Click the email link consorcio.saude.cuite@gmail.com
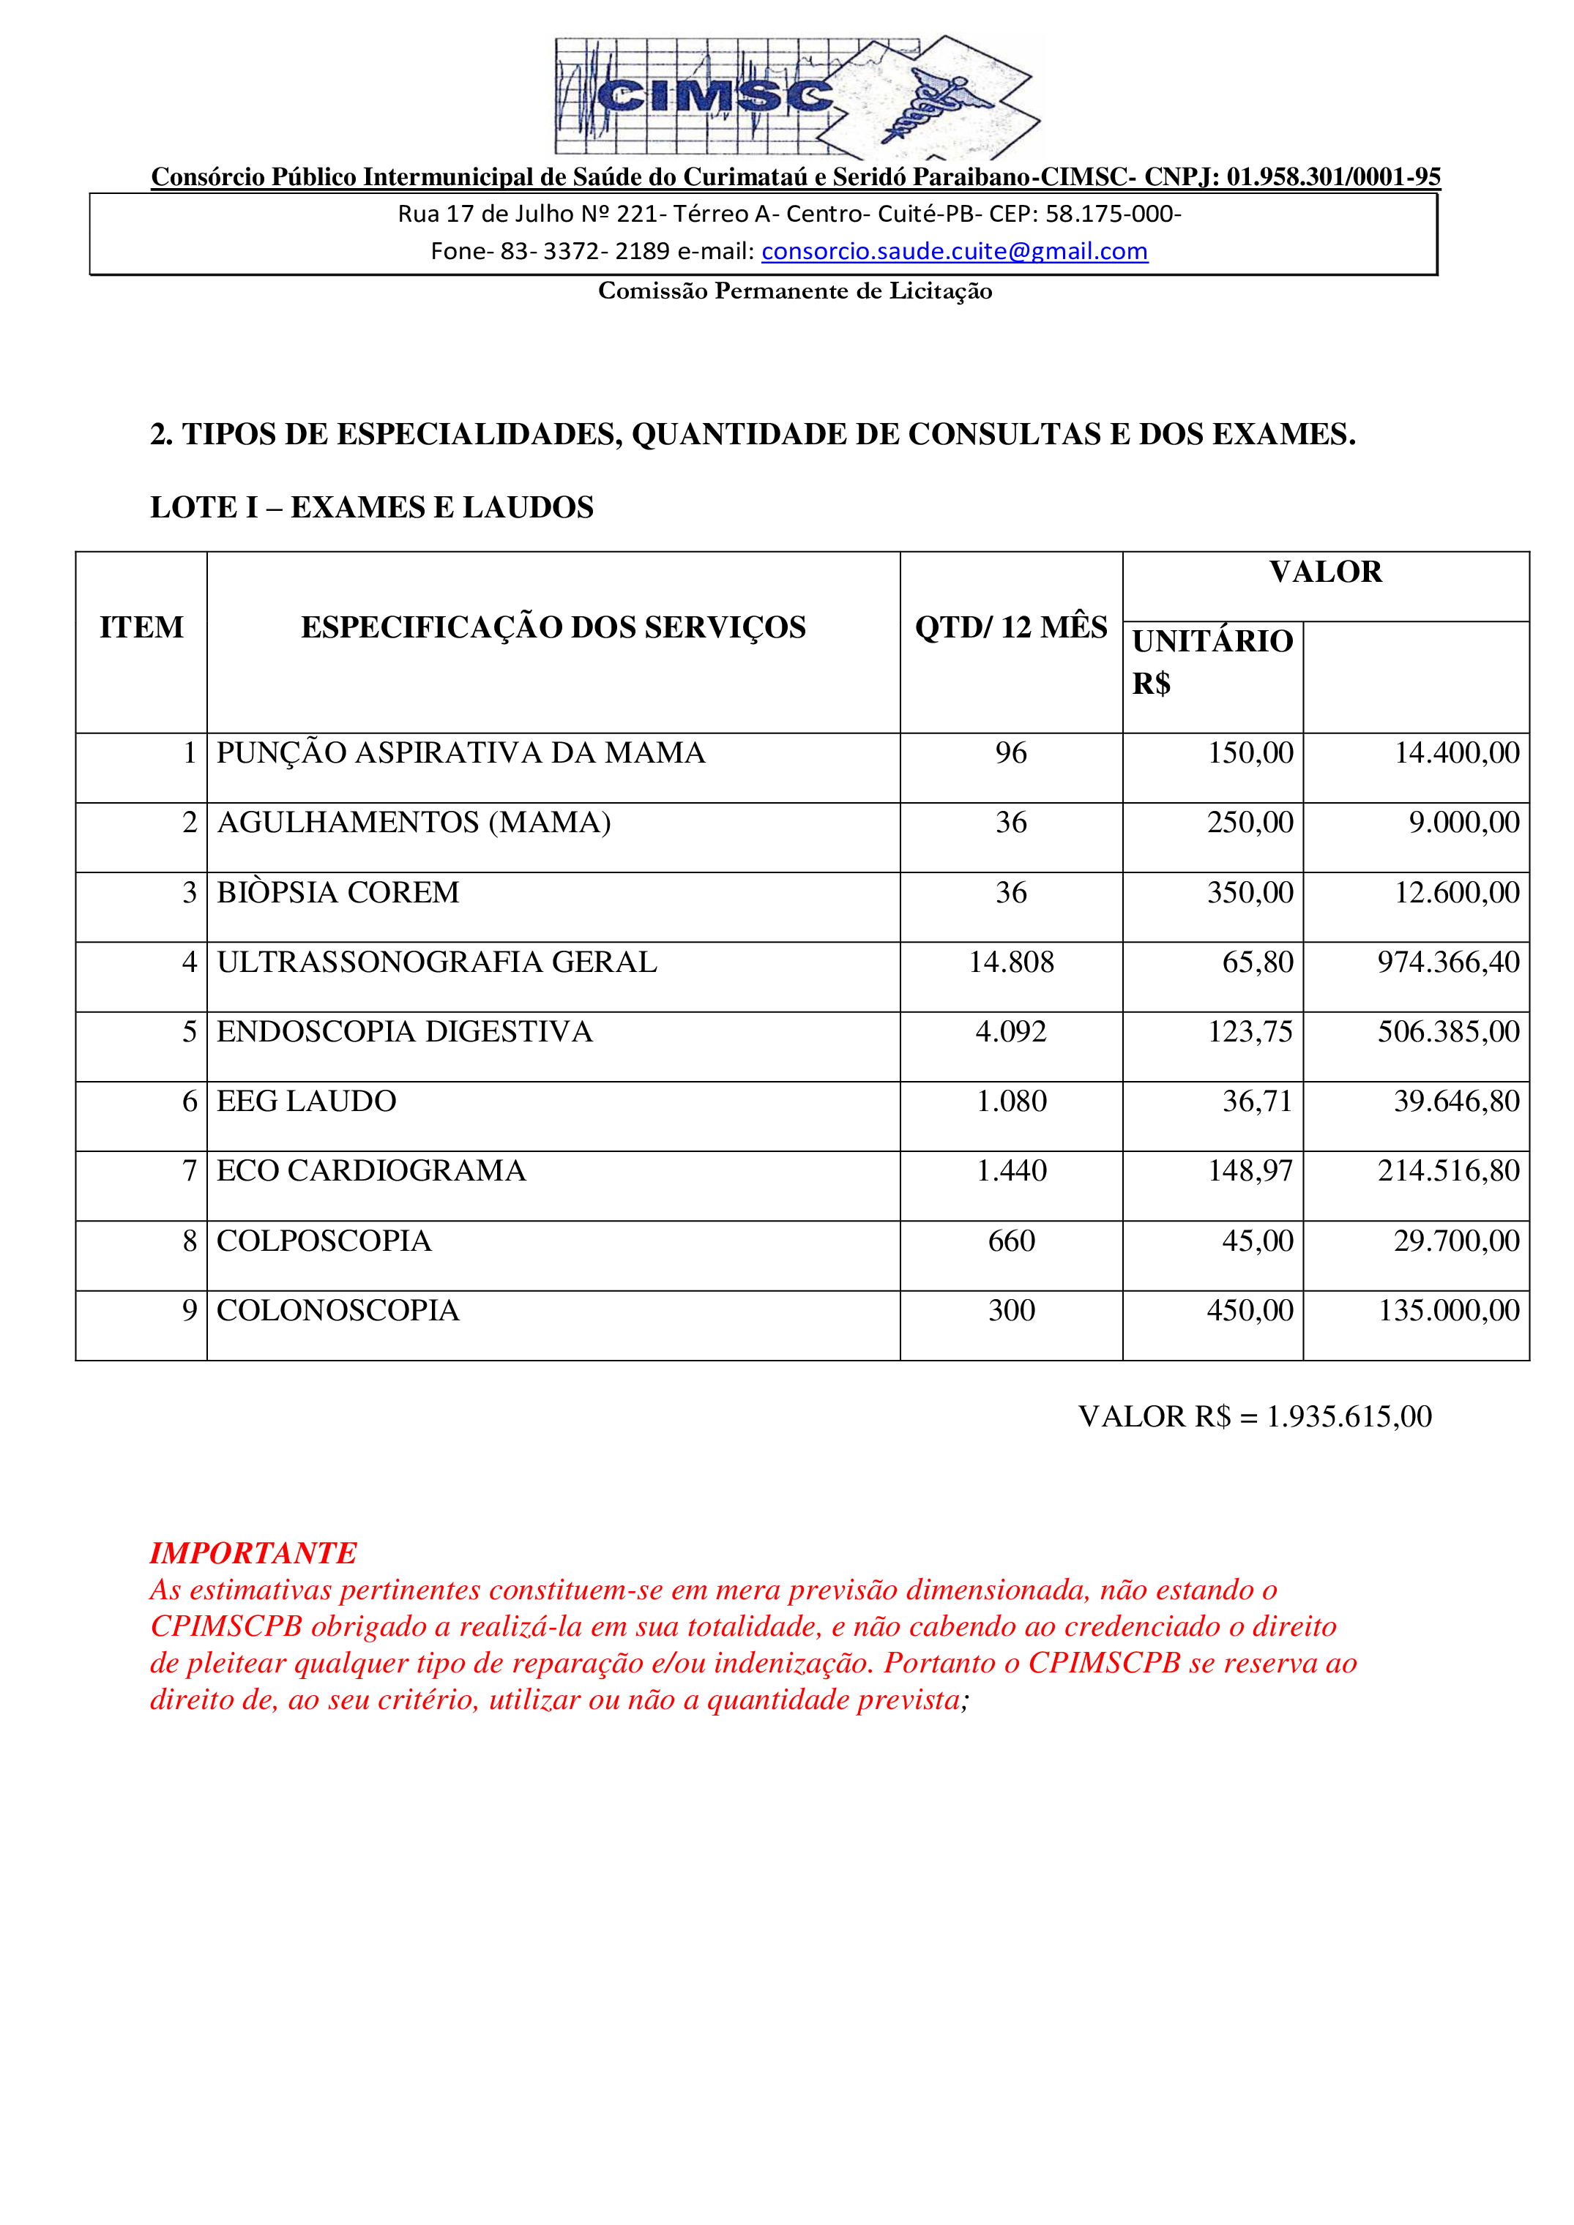click(x=954, y=251)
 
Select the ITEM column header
click(x=141, y=628)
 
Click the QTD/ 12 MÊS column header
click(x=1011, y=628)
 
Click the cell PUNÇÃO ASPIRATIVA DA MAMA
click(x=460, y=753)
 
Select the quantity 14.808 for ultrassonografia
click(x=1011, y=962)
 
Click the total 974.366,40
click(x=1448, y=962)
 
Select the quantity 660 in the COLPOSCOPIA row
click(x=1011, y=1241)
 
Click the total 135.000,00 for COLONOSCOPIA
click(x=1448, y=1311)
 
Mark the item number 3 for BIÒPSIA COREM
click(x=190, y=892)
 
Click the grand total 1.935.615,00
click(x=1349, y=1417)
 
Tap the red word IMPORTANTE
click(x=253, y=1552)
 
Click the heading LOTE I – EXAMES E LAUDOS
click(x=371, y=508)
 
